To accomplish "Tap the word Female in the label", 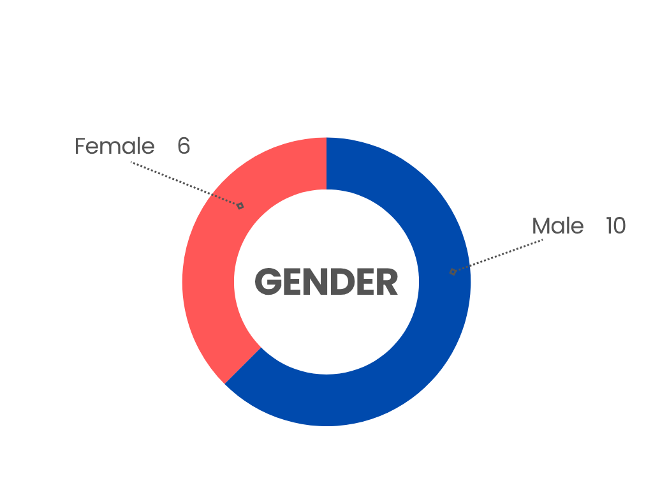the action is point(115,146).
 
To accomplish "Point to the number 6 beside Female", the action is point(184,146).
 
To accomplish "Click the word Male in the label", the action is point(557,226).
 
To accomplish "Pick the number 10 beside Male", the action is point(615,226).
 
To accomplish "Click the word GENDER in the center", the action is point(326,282).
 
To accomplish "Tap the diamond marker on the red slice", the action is point(240,206).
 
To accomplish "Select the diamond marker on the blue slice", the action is point(453,272).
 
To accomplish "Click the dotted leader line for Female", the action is point(186,184).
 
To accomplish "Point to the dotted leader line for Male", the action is point(498,255).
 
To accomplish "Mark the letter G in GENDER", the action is point(268,282).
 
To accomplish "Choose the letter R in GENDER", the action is point(386,282).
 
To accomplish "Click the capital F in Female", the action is point(80,146).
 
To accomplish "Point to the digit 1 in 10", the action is point(609,226).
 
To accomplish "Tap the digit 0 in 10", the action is point(620,226).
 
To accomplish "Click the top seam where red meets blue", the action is point(326,163).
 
